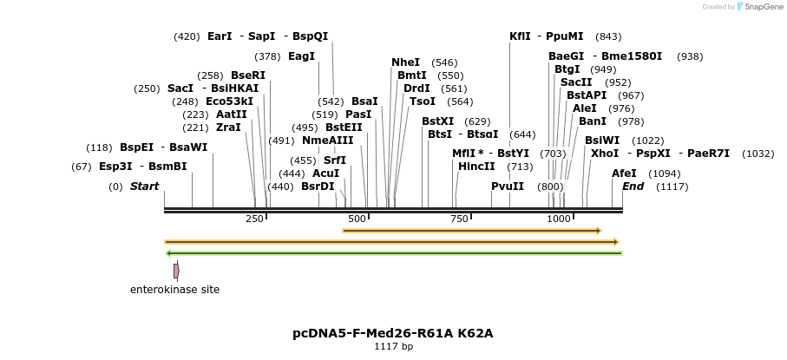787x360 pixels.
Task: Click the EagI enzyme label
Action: (x=301, y=56)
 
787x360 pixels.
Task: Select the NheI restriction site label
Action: (x=405, y=62)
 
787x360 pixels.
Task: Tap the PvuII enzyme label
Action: (x=508, y=187)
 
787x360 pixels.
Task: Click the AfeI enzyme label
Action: (x=624, y=173)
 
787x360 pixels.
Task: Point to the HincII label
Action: (x=476, y=166)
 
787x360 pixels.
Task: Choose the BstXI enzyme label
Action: (x=437, y=121)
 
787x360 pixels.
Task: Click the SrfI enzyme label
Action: (x=334, y=160)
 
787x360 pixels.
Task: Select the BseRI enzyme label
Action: (x=248, y=75)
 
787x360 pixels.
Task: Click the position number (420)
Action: (x=187, y=36)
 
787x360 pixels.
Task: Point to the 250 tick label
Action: (x=254, y=219)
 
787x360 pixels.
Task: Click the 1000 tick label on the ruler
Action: (x=558, y=219)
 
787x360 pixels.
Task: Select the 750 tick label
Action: (x=459, y=219)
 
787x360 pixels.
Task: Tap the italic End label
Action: (x=633, y=187)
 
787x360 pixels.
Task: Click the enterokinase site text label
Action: (x=174, y=289)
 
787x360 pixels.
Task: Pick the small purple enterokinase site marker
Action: (x=176, y=272)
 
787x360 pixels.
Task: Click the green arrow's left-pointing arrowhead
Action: (x=169, y=253)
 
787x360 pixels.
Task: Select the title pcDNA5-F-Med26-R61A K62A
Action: (x=393, y=333)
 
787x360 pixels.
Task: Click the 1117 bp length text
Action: (x=393, y=347)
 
